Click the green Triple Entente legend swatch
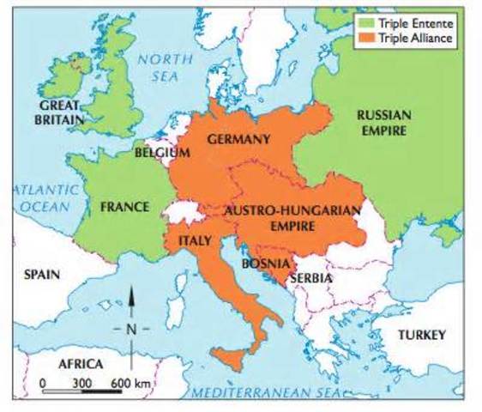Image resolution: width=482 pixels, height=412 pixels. pos(366,24)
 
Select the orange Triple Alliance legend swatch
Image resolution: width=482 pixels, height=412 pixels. pos(366,38)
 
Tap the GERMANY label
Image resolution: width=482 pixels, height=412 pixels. pos(238,138)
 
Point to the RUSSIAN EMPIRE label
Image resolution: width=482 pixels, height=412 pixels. pos(383,122)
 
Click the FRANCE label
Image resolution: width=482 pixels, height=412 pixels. pos(124,207)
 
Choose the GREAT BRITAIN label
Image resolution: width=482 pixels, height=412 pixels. pos(59,112)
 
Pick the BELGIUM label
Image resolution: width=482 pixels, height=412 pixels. pos(161,153)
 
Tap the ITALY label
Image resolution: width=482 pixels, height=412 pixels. pos(194,241)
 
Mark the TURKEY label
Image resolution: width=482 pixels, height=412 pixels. pos(421,335)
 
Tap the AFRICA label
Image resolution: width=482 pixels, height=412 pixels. pos(80,363)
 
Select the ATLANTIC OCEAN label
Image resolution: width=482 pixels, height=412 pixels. pos(43,198)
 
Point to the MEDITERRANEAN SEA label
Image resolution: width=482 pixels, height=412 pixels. pos(270,392)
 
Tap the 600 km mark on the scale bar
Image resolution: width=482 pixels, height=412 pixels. pos(123,380)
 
